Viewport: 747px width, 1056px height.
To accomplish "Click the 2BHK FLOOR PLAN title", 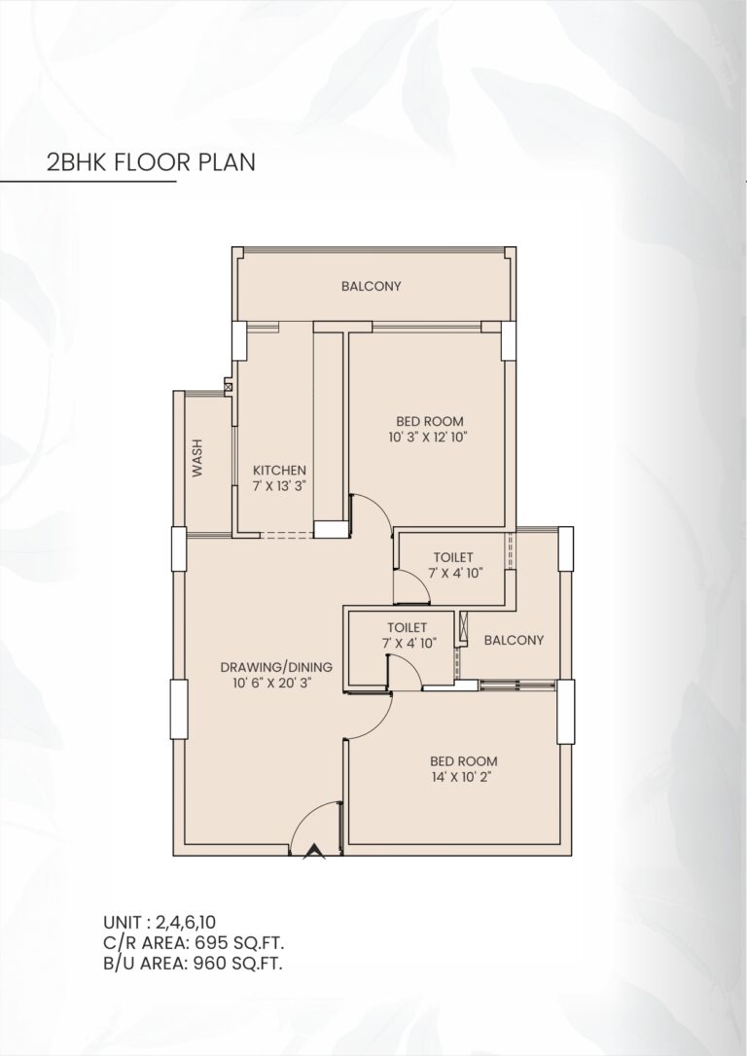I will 145,161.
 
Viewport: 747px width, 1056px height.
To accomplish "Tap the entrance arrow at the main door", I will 313,852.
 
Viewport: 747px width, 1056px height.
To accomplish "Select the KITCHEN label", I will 279,470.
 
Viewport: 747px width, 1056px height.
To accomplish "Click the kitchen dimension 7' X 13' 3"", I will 279,486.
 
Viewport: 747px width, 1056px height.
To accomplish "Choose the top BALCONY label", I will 371,286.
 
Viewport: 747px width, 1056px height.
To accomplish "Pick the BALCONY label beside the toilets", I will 513,640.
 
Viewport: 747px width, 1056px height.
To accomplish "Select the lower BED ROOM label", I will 464,760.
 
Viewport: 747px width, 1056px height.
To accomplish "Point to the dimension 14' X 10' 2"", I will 464,778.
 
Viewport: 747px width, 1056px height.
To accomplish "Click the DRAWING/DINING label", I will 276,667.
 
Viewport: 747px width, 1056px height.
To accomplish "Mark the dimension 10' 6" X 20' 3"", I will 276,684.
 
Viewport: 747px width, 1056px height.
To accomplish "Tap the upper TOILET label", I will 453,557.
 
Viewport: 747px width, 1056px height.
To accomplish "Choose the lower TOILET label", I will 406,627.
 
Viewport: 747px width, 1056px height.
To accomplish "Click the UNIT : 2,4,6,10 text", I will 160,922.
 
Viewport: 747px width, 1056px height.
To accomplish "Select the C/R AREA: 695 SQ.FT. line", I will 194,942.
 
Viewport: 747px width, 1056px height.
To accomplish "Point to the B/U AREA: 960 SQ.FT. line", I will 194,963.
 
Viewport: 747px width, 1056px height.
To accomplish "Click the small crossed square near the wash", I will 229,387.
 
